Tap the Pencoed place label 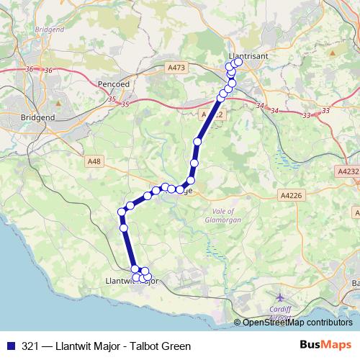(x=112, y=84)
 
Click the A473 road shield (x=176, y=68)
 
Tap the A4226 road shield (x=291, y=194)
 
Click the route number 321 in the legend (x=31, y=346)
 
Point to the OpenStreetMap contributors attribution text (x=297, y=323)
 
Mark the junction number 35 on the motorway (x=126, y=105)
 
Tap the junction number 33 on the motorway (x=306, y=115)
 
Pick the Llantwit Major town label (x=132, y=281)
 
